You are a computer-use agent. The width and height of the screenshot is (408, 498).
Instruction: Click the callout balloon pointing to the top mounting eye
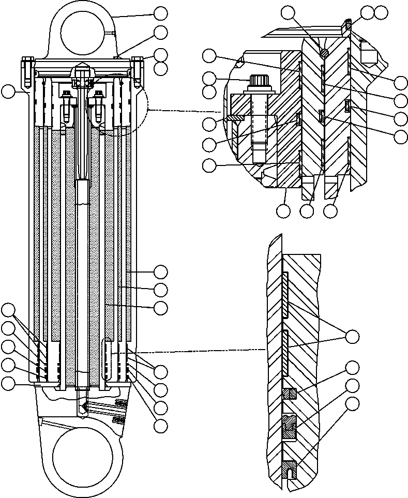click(161, 13)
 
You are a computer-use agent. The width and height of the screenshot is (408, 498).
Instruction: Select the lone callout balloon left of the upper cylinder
click(8, 92)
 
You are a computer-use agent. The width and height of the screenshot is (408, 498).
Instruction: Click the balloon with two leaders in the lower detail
click(352, 337)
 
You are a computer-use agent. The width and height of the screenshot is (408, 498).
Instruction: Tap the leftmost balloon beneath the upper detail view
click(283, 210)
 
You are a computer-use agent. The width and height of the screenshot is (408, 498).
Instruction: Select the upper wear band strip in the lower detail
click(285, 293)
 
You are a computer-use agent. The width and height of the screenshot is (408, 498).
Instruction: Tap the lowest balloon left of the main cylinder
click(8, 383)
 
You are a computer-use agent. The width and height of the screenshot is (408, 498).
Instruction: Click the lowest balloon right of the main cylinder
click(161, 426)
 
